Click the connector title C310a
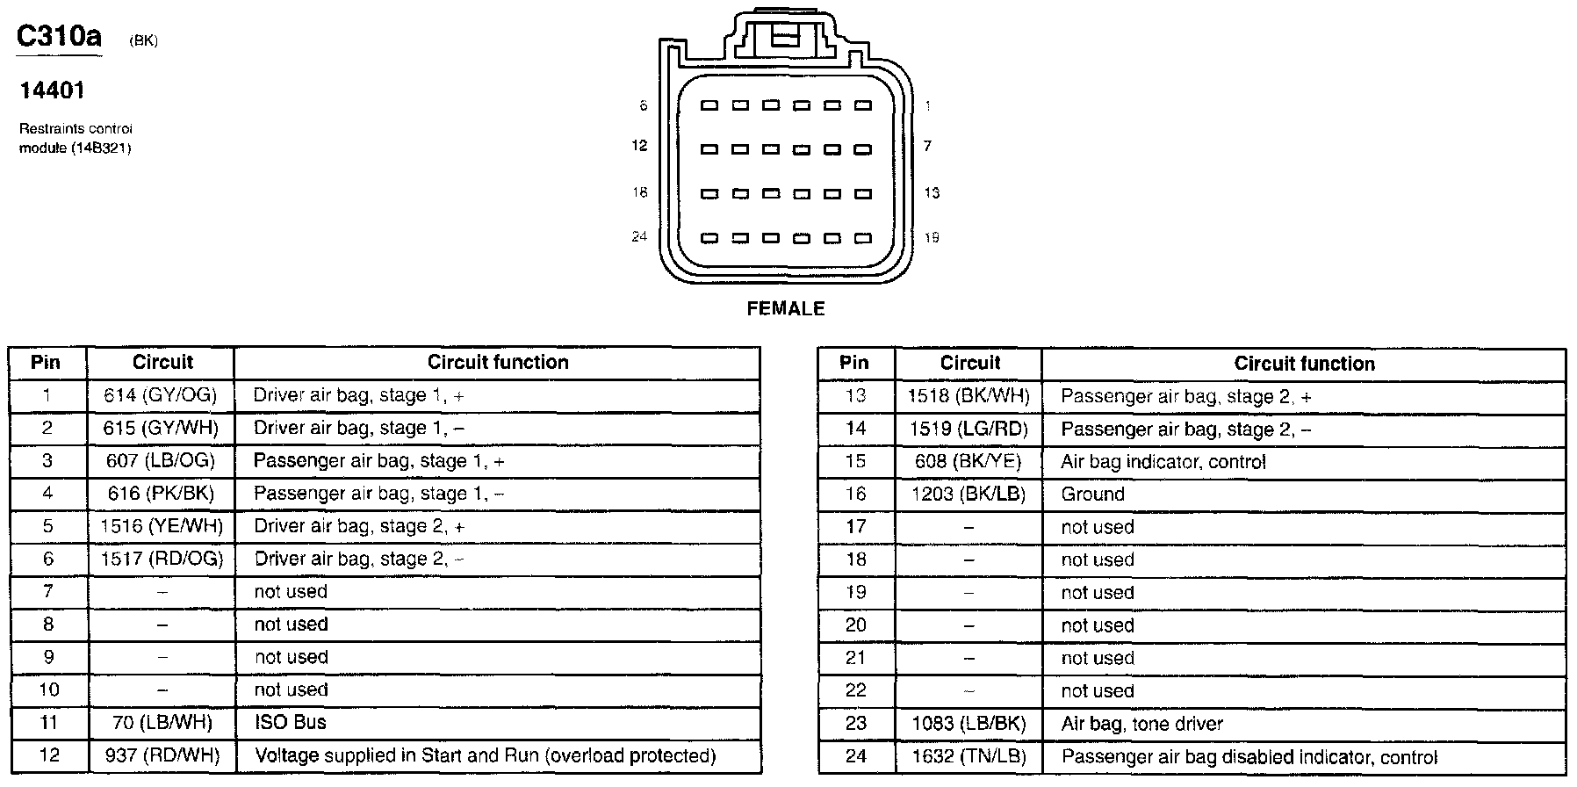(60, 37)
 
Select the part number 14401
(53, 90)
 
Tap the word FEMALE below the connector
(786, 308)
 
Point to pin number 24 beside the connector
(639, 236)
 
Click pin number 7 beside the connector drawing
(927, 146)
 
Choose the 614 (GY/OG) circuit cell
(160, 395)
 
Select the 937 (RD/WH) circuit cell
(161, 755)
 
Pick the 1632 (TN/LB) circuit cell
(969, 756)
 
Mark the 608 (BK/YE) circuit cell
(969, 461)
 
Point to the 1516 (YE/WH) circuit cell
(162, 526)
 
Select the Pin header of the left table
(46, 362)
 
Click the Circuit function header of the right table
(1304, 364)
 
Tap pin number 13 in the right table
(855, 396)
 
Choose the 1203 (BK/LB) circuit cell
(969, 494)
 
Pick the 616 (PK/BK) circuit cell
(161, 494)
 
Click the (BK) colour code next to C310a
(143, 41)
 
